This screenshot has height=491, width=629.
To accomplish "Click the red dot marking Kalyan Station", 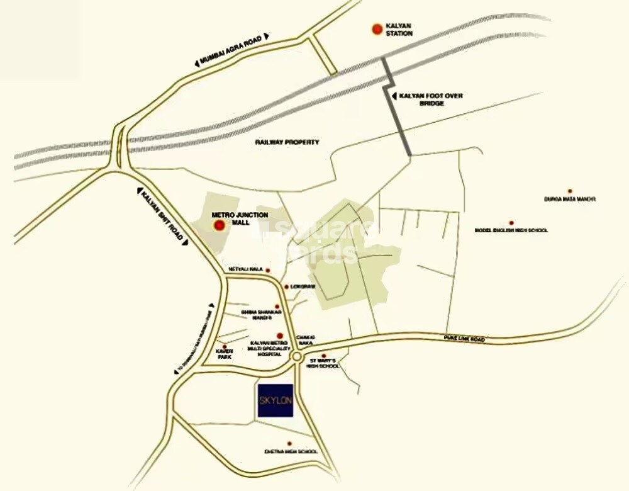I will (376, 28).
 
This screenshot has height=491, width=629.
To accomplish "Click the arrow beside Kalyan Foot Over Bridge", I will (394, 96).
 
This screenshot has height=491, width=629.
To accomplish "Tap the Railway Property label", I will (287, 142).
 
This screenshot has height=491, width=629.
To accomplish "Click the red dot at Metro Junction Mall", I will (219, 225).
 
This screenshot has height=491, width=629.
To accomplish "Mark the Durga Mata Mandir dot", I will (570, 190).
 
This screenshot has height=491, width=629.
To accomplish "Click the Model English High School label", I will (511, 230).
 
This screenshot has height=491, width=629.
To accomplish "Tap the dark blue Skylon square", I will (276, 400).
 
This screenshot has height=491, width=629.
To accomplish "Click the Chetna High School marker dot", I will (289, 444).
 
